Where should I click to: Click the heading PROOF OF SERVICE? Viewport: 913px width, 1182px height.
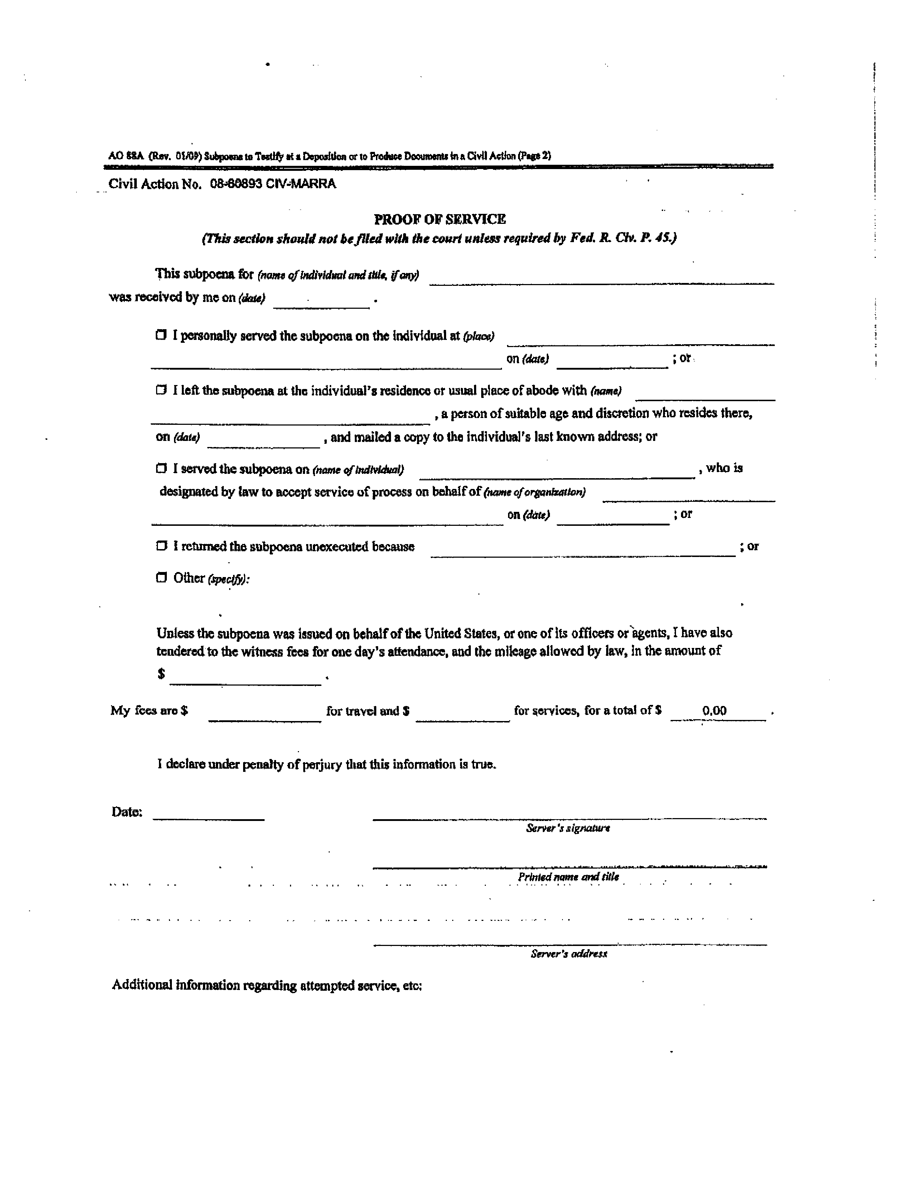pyautogui.click(x=440, y=219)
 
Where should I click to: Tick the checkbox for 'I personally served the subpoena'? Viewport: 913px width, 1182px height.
pyautogui.click(x=161, y=335)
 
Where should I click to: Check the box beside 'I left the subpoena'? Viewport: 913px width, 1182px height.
pyautogui.click(x=161, y=390)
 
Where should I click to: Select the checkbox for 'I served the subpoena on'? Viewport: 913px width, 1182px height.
pyautogui.click(x=161, y=468)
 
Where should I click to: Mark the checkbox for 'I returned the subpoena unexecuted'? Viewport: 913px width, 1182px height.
pyautogui.click(x=161, y=546)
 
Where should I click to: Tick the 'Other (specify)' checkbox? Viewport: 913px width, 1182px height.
pyautogui.click(x=161, y=577)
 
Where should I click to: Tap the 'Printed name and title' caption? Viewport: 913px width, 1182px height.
pyautogui.click(x=568, y=877)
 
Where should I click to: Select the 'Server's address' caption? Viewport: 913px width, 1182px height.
pyautogui.click(x=569, y=953)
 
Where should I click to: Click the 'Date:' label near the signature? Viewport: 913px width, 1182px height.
pyautogui.click(x=126, y=812)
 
